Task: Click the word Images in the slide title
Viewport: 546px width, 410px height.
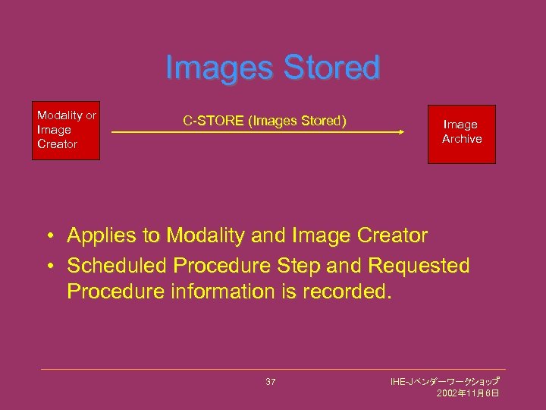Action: coord(219,68)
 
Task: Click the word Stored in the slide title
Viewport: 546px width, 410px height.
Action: coord(331,68)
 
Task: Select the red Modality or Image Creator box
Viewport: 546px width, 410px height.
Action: coord(66,131)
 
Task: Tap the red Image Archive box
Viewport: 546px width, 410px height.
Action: coord(461,134)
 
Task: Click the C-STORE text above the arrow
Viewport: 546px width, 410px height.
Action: coord(209,119)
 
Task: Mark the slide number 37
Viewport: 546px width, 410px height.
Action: coord(271,381)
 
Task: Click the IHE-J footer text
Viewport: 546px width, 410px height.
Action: coord(444,380)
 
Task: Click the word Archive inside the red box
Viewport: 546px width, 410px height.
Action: coord(462,139)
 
